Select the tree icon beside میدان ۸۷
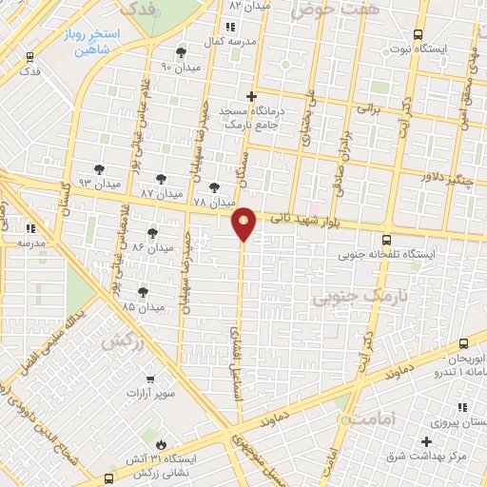pyautogui.click(x=161, y=178)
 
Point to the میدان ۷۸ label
pyautogui.click(x=213, y=203)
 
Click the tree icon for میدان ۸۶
pyautogui.click(x=152, y=233)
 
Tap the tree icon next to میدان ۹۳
pyautogui.click(x=99, y=169)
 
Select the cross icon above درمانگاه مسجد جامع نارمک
pyautogui.click(x=251, y=96)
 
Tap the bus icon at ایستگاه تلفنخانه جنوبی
pyautogui.click(x=386, y=241)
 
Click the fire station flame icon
pyautogui.click(x=161, y=444)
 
